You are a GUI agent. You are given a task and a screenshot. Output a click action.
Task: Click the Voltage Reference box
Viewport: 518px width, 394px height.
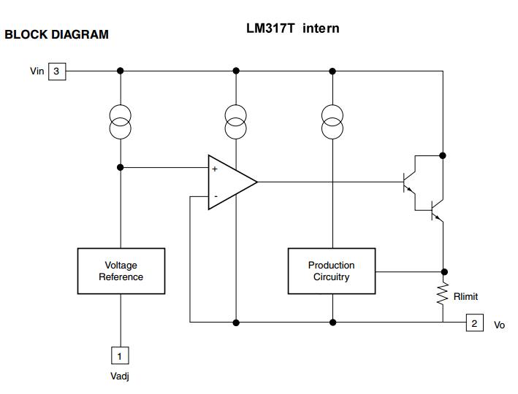click(x=121, y=271)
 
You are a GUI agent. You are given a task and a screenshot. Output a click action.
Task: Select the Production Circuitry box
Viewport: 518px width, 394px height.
click(x=331, y=271)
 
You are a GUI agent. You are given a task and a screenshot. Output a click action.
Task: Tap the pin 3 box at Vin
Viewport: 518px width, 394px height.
click(x=57, y=71)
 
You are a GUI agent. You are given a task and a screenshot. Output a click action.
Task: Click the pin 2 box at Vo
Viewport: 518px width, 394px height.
click(x=474, y=323)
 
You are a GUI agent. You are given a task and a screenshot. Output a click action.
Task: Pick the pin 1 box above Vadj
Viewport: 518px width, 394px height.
click(x=120, y=355)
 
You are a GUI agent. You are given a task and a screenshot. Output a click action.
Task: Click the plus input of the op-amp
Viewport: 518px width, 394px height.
click(x=215, y=169)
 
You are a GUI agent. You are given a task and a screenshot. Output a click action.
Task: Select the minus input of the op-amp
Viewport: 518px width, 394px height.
click(x=215, y=196)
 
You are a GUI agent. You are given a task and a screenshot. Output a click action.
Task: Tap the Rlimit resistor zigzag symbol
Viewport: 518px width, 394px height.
click(x=443, y=294)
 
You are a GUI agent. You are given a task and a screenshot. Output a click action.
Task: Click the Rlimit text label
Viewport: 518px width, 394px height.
click(x=465, y=297)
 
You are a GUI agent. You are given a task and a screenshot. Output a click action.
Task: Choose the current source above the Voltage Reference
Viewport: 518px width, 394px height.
click(x=120, y=122)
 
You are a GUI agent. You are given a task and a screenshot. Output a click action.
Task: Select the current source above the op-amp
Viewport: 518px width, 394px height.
click(x=236, y=122)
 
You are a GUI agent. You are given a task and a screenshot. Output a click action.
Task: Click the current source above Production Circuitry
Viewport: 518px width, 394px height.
click(x=332, y=122)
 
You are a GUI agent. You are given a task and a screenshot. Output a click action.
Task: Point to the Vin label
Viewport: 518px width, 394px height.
click(x=37, y=72)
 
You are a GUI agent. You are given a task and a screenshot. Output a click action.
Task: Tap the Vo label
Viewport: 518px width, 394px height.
click(x=499, y=325)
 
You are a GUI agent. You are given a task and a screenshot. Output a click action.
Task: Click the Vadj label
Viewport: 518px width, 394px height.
click(x=120, y=376)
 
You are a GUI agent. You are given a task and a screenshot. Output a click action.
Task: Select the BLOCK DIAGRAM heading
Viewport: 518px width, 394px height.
click(x=56, y=34)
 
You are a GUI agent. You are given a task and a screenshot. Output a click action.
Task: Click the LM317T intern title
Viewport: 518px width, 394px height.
click(x=292, y=28)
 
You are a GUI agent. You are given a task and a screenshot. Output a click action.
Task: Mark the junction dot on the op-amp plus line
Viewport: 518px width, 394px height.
click(x=120, y=168)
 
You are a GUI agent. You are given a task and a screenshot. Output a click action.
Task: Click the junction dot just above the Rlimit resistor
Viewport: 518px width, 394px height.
click(x=443, y=271)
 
